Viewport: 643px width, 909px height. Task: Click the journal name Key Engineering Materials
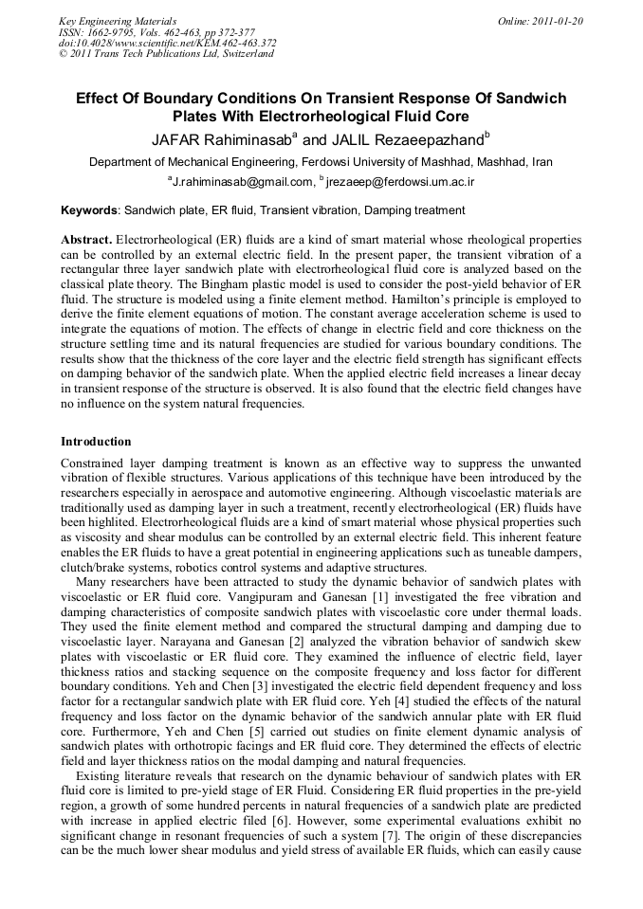118,20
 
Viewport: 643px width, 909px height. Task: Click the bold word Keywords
90,209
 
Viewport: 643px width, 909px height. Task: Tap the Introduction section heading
96,442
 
